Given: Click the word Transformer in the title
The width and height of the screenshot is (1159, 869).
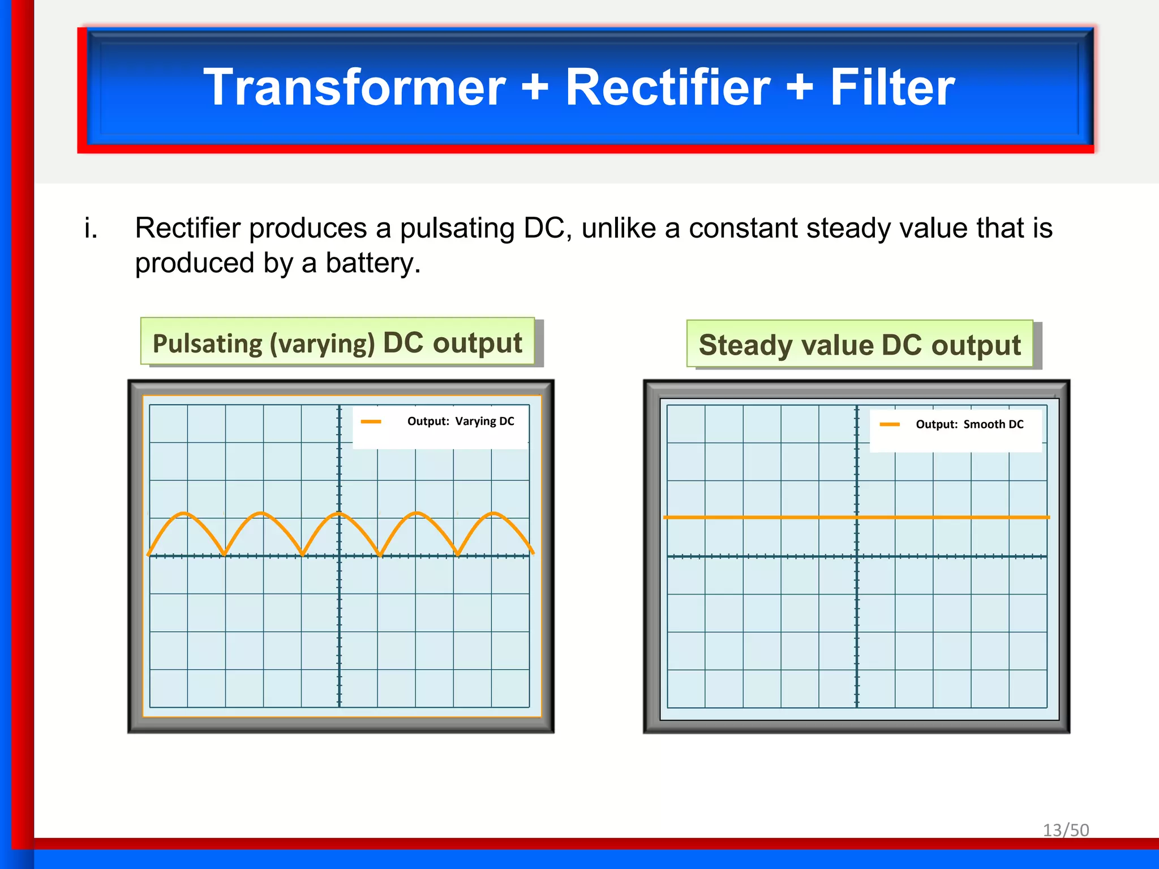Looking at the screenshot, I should point(354,88).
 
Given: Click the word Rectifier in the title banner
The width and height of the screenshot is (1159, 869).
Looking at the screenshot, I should point(667,88).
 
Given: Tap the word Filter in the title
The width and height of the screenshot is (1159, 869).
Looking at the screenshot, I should point(892,88).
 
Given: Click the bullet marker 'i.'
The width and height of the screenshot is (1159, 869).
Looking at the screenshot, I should point(91,229).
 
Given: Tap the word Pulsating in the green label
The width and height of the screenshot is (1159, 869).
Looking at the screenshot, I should point(208,344).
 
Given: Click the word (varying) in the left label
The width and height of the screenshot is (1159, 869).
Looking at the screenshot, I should point(322,344).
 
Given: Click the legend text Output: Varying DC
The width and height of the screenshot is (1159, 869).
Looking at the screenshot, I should point(460,421).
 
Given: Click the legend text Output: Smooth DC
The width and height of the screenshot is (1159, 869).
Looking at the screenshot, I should point(969,424).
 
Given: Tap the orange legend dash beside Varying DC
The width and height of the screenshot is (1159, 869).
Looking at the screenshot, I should point(371,421).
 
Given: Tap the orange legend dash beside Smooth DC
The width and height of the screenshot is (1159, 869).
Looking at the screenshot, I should point(890,424).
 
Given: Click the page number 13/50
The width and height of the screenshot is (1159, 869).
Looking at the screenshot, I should point(1066,830).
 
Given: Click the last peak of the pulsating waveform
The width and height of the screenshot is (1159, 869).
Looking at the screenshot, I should point(494,513).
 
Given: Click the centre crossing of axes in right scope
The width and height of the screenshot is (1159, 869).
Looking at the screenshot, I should point(857,557).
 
